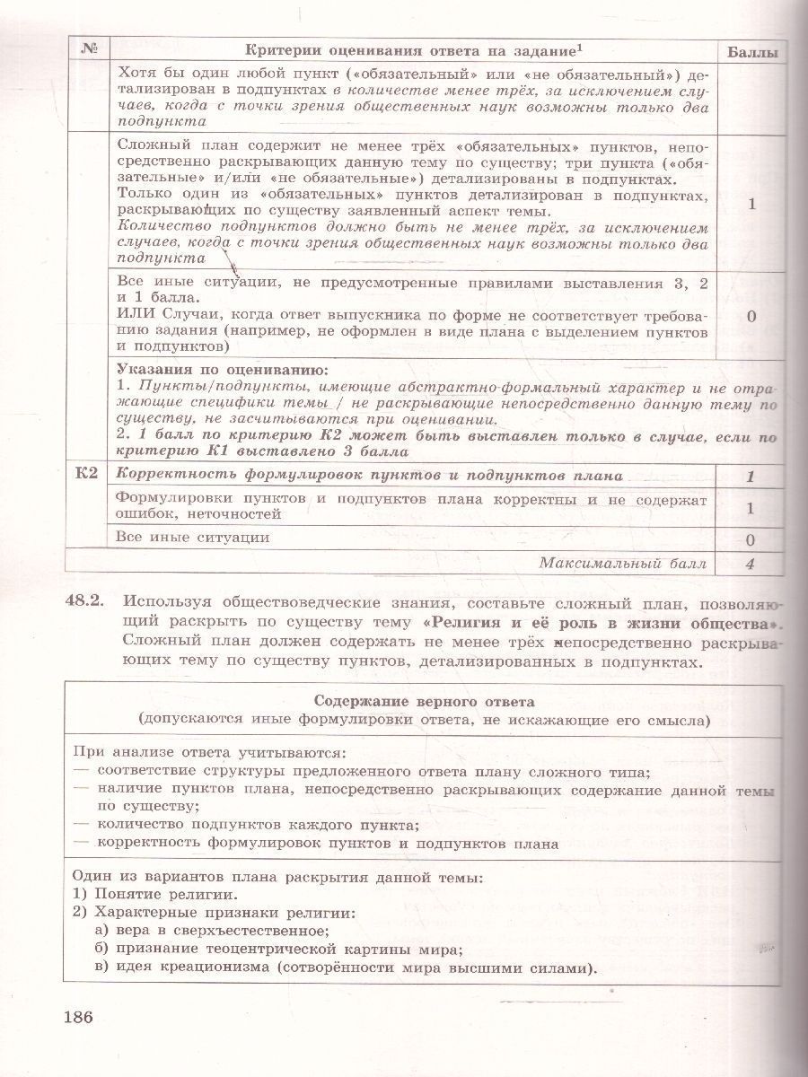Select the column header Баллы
pyautogui.click(x=751, y=52)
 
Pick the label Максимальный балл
pyautogui.click(x=622, y=564)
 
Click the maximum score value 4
pyautogui.click(x=751, y=565)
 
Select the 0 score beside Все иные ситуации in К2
pyautogui.click(x=751, y=539)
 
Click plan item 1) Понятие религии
pyautogui.click(x=155, y=895)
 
